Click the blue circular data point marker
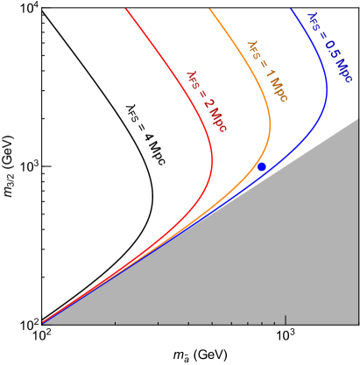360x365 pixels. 261,166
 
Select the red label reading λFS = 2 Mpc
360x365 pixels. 207,102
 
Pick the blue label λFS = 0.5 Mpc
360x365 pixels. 329,48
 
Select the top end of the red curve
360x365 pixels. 126,9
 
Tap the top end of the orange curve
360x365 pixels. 209,9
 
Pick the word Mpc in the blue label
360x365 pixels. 342,71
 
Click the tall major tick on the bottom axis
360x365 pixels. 286,319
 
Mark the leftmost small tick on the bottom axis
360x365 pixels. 116,322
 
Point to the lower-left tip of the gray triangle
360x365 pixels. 43,323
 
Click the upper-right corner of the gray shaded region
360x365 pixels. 358,118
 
